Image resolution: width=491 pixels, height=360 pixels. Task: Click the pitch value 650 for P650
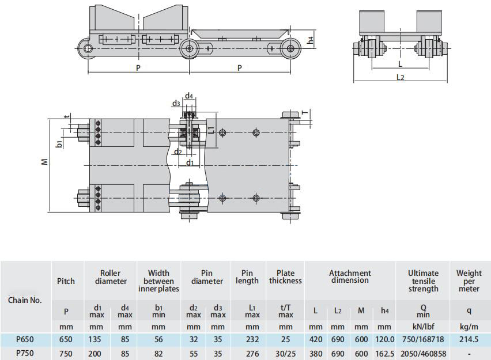coord(66,339)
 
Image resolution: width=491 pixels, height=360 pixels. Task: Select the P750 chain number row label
coord(25,354)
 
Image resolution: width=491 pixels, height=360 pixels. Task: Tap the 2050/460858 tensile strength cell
coord(423,354)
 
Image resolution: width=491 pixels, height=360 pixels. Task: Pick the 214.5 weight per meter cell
coord(469,339)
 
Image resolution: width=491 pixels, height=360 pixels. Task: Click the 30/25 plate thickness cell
coord(286,354)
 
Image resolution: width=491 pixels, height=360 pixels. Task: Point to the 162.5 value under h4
coord(385,354)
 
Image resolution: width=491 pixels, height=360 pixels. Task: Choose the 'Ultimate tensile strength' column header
coord(423,281)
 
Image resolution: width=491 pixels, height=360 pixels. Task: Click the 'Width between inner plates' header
coord(158,281)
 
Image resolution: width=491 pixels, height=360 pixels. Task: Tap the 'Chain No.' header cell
coord(25,300)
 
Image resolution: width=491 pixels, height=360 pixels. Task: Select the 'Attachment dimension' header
coord(350,276)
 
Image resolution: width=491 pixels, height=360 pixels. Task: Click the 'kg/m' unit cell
coord(469,327)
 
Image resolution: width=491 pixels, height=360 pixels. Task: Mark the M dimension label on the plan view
coord(45,161)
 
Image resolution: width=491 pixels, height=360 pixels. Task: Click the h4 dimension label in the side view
coord(310,40)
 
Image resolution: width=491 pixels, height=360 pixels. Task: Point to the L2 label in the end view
coord(400,77)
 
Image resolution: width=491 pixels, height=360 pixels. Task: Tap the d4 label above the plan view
coord(189,96)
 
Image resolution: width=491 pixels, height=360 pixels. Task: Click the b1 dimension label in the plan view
coord(59,145)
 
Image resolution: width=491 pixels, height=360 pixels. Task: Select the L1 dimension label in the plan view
coord(211,129)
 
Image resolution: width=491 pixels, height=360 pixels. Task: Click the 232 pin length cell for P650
coord(252,339)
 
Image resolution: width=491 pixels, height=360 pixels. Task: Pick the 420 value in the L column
coord(315,339)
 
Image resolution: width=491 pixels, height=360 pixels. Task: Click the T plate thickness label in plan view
coord(305,113)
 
